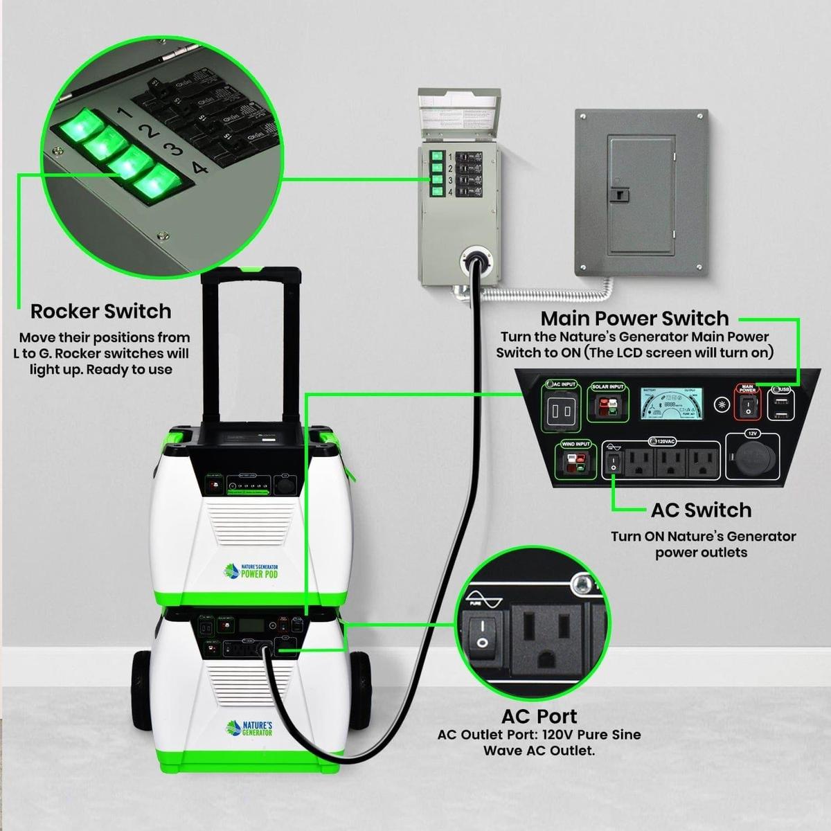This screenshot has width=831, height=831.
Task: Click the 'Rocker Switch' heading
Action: point(100,312)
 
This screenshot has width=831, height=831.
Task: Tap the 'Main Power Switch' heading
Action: point(634,319)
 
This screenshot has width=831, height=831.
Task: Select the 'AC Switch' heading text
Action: point(701,510)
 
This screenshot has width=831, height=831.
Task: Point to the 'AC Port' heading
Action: point(539,716)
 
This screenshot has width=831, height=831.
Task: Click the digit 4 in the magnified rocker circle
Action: point(199,167)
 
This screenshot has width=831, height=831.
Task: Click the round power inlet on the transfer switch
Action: point(476,260)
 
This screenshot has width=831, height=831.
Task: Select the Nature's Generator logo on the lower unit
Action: point(250,728)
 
